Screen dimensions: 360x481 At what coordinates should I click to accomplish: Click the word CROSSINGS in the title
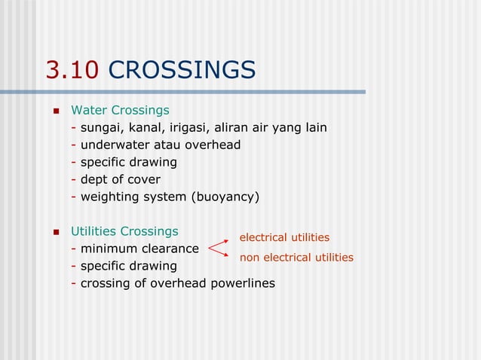pos(182,70)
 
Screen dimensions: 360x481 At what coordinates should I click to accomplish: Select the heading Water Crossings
pos(120,110)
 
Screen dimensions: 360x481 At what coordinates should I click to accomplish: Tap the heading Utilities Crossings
pos(124,230)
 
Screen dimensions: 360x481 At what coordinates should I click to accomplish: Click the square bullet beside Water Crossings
pos(55,111)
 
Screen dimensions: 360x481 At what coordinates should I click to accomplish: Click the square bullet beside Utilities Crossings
pos(55,231)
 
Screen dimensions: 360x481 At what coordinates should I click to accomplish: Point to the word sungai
pos(101,127)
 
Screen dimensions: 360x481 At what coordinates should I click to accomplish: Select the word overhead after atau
pos(213,145)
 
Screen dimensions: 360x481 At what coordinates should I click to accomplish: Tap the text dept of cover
pos(120,179)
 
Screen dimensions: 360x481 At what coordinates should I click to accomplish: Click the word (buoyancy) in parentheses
pos(225,197)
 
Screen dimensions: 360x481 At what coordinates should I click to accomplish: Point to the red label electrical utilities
pos(284,237)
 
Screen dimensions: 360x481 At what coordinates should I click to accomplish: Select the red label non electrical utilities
pos(296,258)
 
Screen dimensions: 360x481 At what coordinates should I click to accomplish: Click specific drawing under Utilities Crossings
pos(128,266)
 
